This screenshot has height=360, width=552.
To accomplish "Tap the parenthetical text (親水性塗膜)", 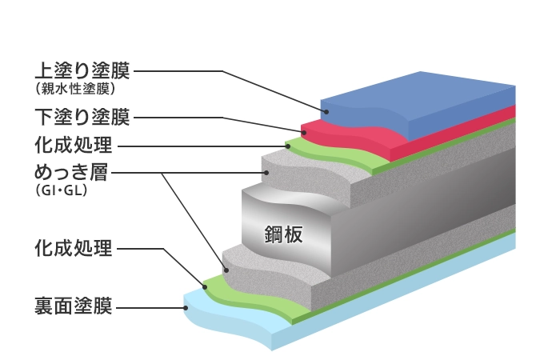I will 77,89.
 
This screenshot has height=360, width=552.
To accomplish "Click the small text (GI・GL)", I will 61,192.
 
